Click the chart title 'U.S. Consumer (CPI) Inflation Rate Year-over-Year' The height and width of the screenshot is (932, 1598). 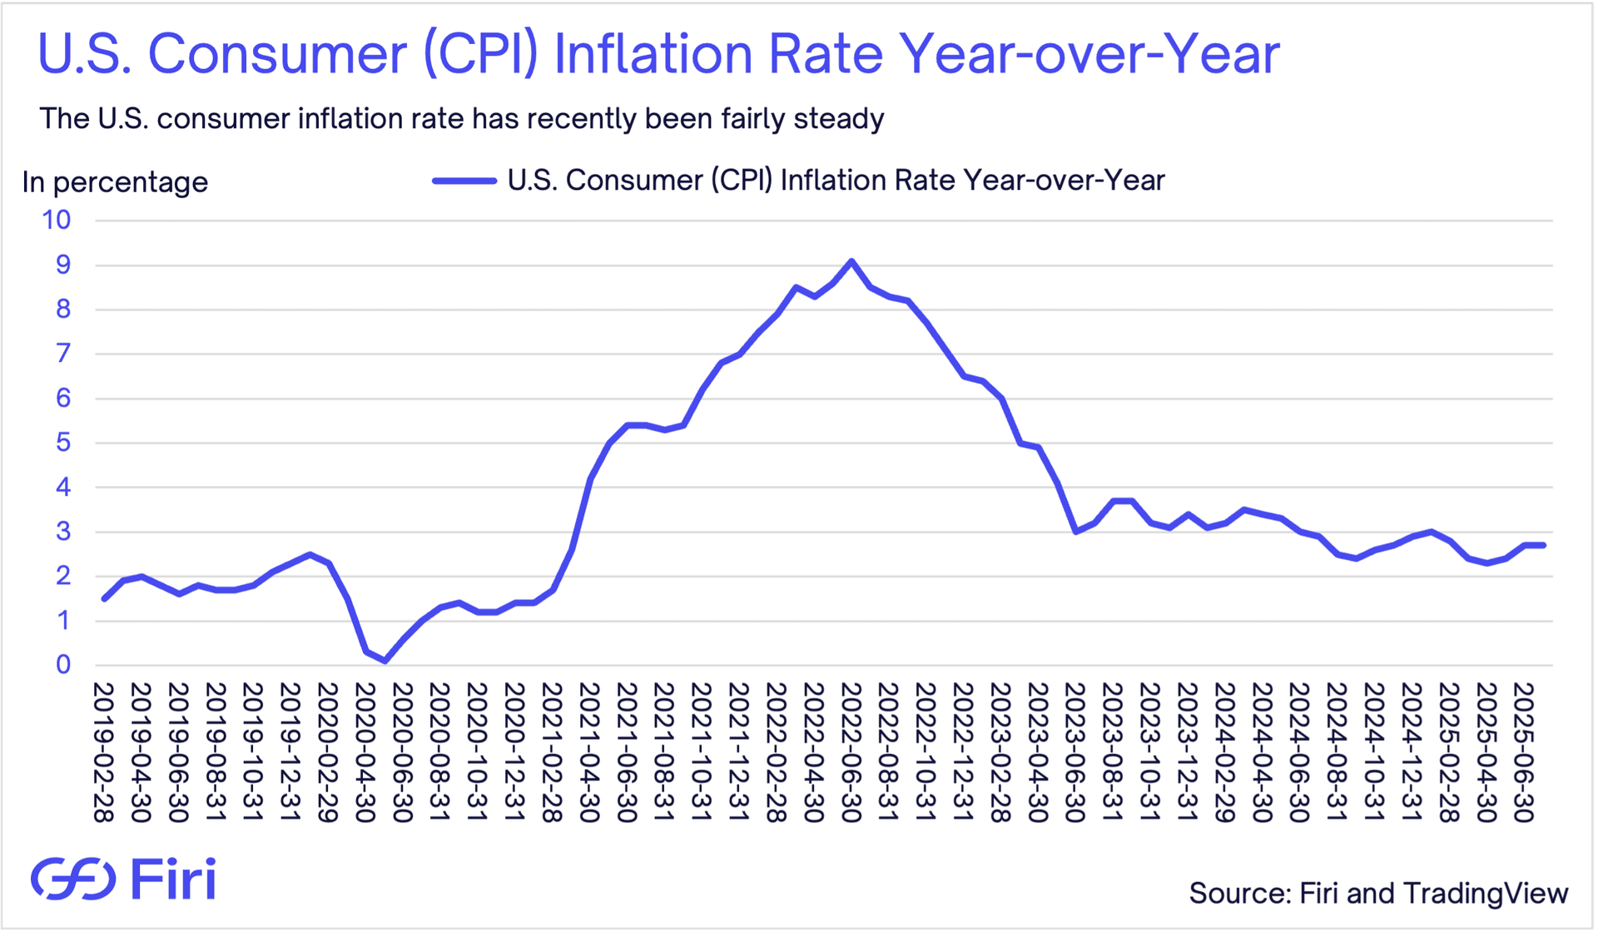658,55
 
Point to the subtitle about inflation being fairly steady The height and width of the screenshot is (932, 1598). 461,119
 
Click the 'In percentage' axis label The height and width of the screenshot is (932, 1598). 115,182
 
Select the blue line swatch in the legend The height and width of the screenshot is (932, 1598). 464,181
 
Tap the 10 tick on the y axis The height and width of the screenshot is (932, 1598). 57,221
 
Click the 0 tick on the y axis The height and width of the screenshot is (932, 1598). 63,665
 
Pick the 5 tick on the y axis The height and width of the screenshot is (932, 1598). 63,443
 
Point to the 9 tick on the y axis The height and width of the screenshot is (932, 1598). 63,265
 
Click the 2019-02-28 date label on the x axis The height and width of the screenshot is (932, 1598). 103,752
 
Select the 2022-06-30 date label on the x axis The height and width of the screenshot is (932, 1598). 851,752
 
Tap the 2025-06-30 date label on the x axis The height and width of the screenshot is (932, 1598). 1523,752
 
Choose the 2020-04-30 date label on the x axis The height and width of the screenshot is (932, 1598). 365,752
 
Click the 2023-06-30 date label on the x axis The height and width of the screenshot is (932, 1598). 1074,752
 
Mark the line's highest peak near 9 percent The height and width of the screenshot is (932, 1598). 851,261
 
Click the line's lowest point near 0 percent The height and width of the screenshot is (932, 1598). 385,662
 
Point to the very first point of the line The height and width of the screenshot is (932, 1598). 104,598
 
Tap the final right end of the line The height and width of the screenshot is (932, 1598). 1543,545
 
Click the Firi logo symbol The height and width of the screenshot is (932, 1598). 73,879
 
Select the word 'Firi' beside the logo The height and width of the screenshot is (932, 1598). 173,879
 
